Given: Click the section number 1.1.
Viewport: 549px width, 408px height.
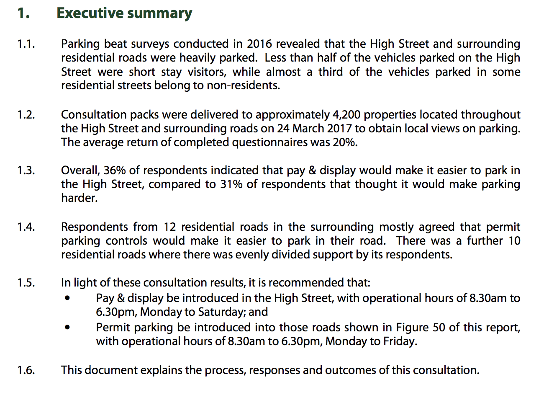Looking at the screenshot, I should click(26, 44).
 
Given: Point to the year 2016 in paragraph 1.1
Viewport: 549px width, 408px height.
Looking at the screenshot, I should click(259, 44).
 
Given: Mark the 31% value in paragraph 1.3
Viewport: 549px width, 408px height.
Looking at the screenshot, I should click(231, 184).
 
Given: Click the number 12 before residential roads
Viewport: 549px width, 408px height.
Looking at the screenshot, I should click(169, 227).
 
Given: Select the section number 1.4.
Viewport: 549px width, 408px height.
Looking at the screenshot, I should click(26, 227).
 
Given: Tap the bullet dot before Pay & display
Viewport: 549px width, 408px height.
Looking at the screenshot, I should click(67, 298).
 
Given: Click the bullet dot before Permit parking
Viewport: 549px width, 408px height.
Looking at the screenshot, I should click(67, 328).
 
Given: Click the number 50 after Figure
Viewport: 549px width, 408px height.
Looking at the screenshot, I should click(439, 328).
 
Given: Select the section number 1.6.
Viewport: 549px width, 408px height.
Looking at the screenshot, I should click(26, 370).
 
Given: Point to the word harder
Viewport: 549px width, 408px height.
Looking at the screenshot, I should click(79, 198).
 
